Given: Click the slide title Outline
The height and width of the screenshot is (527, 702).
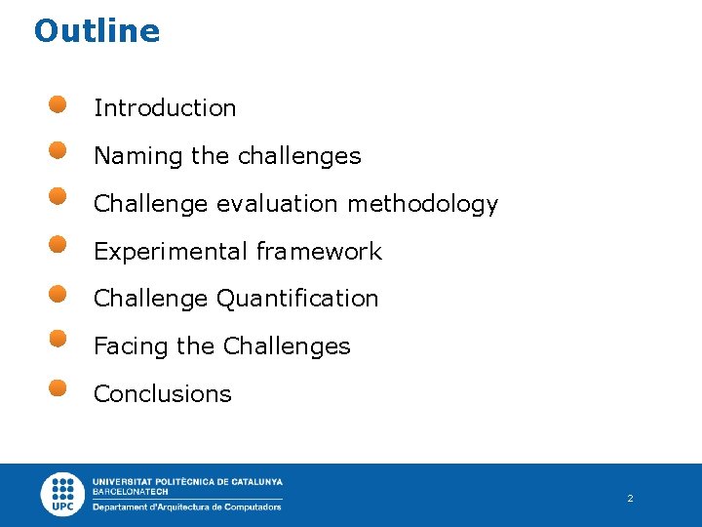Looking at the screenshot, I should (x=97, y=31).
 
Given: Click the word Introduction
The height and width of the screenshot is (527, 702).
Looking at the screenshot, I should (x=165, y=108).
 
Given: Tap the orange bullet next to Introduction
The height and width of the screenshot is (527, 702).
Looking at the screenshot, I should (x=58, y=103).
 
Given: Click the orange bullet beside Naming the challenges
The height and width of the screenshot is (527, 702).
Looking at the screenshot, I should (x=58, y=150).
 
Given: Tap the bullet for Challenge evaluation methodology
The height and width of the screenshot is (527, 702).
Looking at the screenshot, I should (x=58, y=198).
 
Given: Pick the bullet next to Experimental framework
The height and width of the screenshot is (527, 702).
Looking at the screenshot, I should (x=58, y=244).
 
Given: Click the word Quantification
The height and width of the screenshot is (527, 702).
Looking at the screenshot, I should (x=297, y=299).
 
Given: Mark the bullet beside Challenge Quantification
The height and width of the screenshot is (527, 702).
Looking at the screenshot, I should (x=58, y=292).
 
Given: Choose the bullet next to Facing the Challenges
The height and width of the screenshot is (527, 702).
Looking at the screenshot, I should (x=58, y=339).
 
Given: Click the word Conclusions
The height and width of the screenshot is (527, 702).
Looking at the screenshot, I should (x=163, y=394).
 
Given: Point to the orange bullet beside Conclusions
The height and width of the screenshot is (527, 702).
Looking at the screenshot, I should (x=58, y=386).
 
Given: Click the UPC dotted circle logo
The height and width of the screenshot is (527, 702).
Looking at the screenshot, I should (x=63, y=494).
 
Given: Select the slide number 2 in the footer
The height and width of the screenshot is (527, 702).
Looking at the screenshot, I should (x=630, y=499).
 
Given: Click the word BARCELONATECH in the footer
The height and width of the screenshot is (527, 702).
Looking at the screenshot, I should (x=130, y=492).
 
